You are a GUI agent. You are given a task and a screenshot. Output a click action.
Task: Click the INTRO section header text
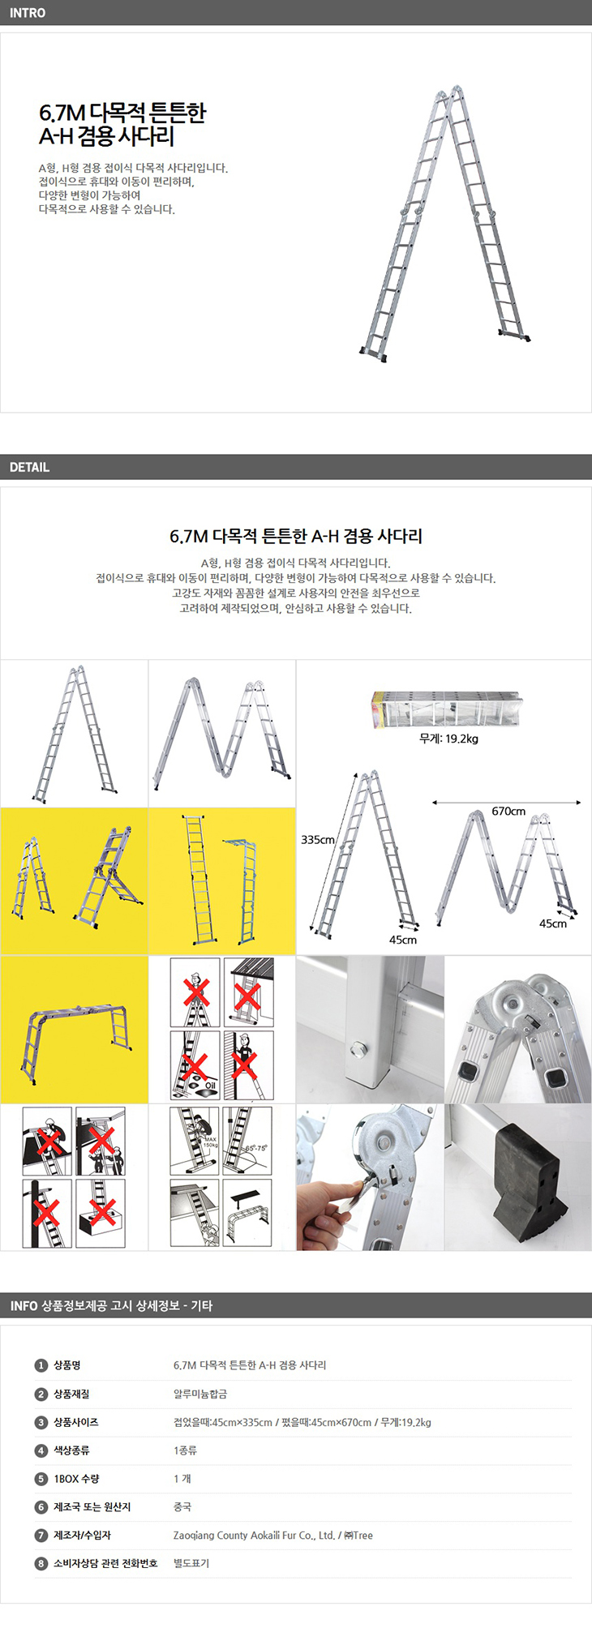click(28, 13)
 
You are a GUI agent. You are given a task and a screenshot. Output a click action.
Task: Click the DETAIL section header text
click(29, 467)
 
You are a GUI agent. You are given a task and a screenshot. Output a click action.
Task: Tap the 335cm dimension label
click(318, 840)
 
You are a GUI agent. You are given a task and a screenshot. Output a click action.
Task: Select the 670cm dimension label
click(508, 811)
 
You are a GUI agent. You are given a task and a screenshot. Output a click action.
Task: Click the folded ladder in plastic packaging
click(446, 709)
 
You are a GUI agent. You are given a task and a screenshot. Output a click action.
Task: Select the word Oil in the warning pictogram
click(211, 1086)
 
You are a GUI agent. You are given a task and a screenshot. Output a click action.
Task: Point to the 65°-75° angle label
click(256, 1148)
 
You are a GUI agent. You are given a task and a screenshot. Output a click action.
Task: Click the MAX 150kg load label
click(210, 1142)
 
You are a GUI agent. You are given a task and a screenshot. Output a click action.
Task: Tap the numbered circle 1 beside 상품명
click(41, 1365)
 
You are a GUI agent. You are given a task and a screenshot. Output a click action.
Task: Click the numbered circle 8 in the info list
click(41, 1563)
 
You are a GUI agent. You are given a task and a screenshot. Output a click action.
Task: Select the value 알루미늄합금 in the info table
click(200, 1394)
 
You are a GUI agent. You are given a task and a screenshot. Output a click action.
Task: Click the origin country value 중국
click(182, 1506)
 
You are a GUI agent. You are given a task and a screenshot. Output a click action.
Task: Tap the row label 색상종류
click(71, 1450)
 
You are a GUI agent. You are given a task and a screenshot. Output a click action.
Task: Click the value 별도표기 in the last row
click(191, 1563)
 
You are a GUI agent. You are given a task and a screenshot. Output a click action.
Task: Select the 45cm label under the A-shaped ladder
click(403, 940)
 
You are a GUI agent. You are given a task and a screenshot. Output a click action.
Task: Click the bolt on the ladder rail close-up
click(357, 1052)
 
